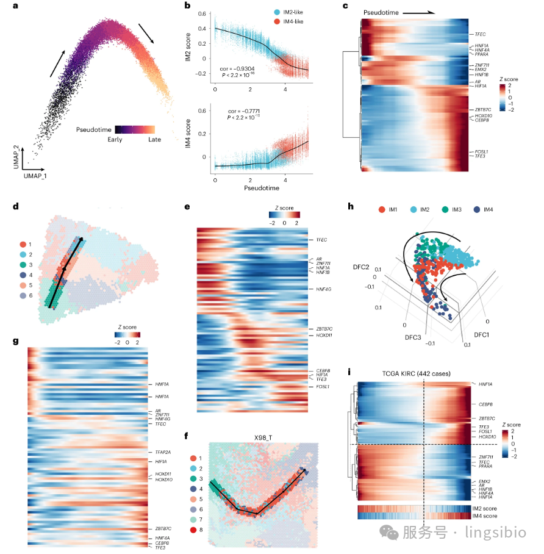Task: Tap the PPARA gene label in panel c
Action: click(x=475, y=55)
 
